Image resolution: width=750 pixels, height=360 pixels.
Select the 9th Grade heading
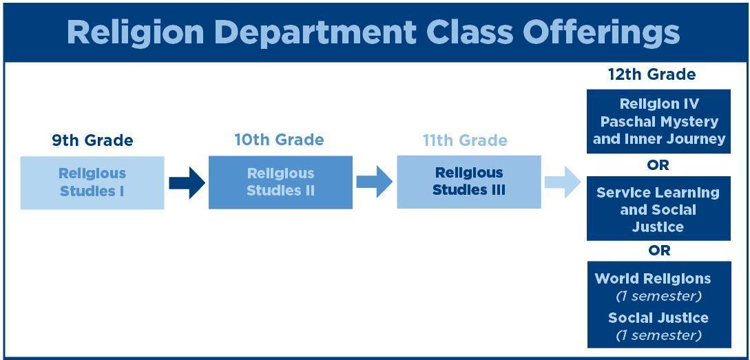click(x=92, y=140)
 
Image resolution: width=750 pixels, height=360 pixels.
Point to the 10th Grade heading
click(x=280, y=140)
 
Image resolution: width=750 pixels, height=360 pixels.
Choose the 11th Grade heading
click(x=465, y=140)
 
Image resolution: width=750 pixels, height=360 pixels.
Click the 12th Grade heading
click(x=652, y=74)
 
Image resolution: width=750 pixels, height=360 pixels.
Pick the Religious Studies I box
click(x=92, y=182)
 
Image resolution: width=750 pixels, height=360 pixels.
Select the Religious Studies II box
click(x=280, y=182)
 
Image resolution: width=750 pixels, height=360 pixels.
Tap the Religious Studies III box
click(x=469, y=182)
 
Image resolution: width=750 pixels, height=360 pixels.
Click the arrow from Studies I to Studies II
click(x=187, y=182)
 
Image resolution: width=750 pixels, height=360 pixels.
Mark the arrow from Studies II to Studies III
click(x=375, y=182)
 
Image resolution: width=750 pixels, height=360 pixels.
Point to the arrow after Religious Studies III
click(x=563, y=182)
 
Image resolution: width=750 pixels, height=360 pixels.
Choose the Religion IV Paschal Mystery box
click(x=658, y=121)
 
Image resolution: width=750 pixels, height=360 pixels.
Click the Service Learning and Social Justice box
click(x=658, y=209)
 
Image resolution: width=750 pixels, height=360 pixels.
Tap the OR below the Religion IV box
click(x=658, y=165)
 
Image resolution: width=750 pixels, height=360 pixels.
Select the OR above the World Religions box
click(x=659, y=251)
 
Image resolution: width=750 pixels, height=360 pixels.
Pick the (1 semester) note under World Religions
click(x=658, y=297)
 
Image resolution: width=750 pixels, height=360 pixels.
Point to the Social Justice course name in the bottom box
click(x=658, y=318)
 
